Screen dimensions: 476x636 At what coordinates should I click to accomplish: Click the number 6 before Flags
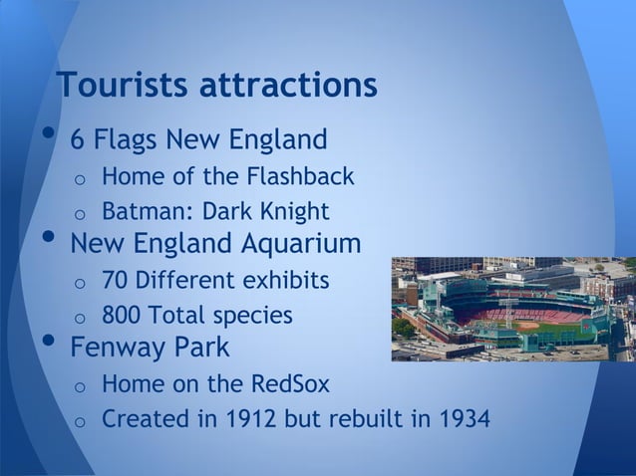[77, 138]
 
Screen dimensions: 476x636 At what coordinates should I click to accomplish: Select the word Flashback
[302, 177]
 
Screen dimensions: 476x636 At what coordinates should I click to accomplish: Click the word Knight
[290, 212]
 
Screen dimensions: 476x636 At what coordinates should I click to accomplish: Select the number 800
[122, 316]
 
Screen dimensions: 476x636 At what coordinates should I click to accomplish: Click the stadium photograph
[512, 309]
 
